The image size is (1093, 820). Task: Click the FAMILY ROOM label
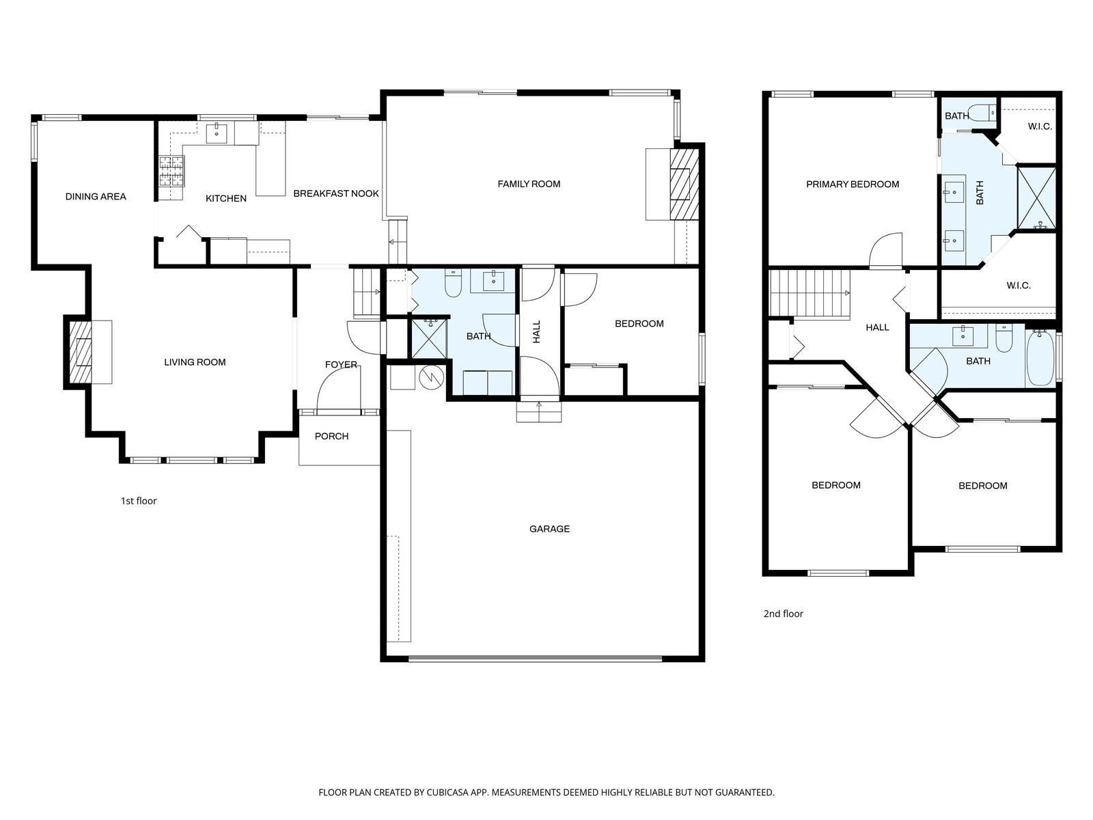click(x=529, y=184)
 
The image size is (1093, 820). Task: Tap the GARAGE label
click(x=549, y=529)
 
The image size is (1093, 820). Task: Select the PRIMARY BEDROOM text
click(x=853, y=184)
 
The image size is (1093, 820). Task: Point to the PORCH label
click(x=331, y=437)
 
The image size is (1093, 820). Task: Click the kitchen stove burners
click(x=171, y=171)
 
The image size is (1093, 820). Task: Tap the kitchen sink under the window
click(x=217, y=133)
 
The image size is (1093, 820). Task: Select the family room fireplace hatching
click(x=684, y=184)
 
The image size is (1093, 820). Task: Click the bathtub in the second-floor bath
click(x=1040, y=359)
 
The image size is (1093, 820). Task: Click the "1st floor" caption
click(x=139, y=501)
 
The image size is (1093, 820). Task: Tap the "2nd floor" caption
click(x=784, y=614)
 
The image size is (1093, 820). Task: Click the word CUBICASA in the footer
click(x=447, y=792)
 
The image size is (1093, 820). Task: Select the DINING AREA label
click(x=96, y=197)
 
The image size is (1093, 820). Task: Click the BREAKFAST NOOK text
click(x=336, y=193)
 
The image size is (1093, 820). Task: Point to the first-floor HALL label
click(x=536, y=331)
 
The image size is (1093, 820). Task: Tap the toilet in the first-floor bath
click(x=453, y=283)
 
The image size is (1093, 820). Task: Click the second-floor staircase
click(x=810, y=292)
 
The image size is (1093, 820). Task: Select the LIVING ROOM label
click(x=195, y=362)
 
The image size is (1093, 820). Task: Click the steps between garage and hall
click(x=539, y=412)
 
